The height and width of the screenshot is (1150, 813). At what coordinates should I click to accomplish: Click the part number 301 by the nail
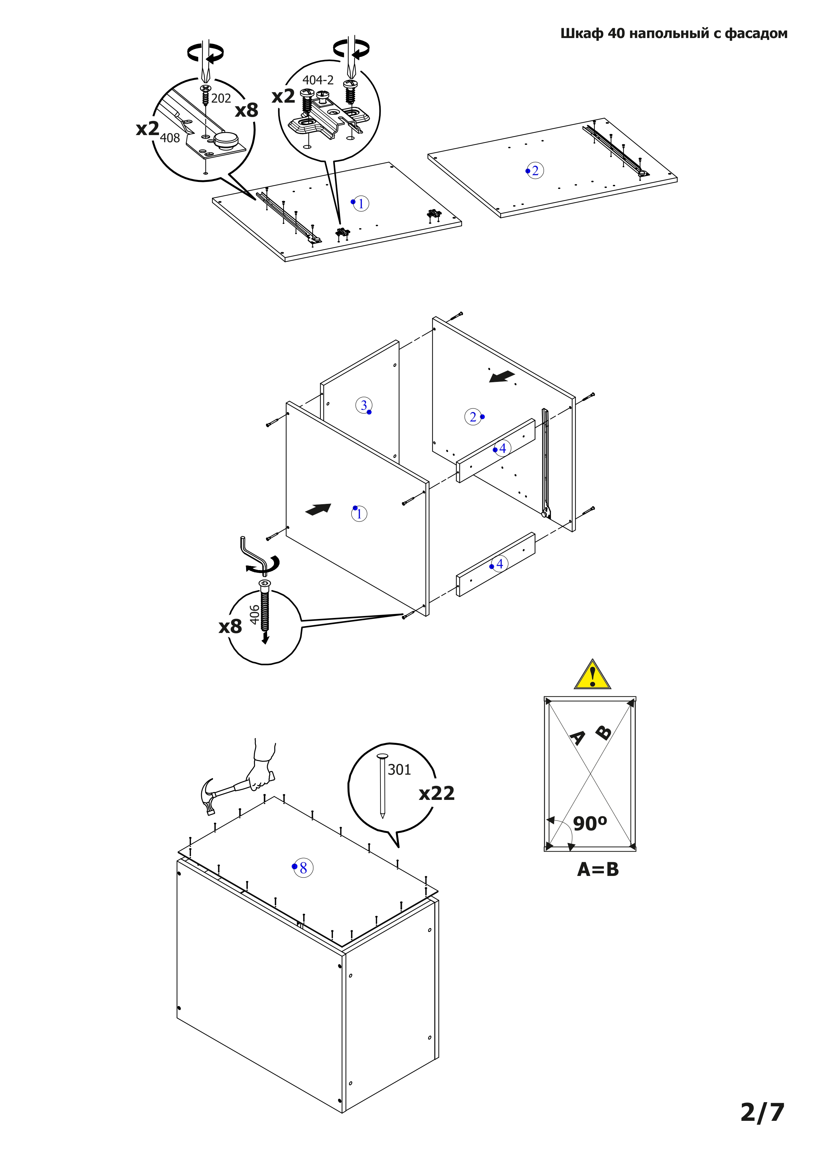point(399,769)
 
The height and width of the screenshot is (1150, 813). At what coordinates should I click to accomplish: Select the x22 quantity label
point(436,793)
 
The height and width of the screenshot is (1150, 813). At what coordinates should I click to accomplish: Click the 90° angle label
point(590,824)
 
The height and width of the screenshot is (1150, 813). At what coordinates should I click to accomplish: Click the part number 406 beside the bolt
point(254,615)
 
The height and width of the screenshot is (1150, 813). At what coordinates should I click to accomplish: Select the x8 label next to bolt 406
point(230,626)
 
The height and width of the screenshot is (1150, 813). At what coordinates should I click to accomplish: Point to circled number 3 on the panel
point(363,405)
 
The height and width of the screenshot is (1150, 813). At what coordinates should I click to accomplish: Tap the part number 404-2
point(318,80)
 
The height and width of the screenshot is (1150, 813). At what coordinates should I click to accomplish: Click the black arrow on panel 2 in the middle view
point(502,376)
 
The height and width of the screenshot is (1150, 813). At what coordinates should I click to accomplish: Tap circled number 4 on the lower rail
point(499,564)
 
